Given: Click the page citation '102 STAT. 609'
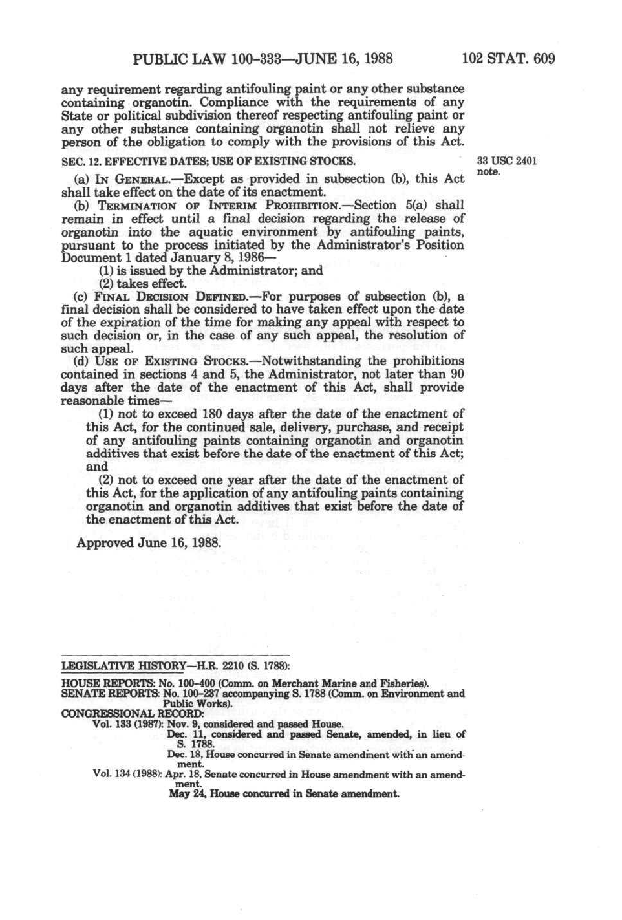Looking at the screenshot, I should point(508,59).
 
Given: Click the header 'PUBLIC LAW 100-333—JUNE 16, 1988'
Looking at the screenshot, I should point(263,59).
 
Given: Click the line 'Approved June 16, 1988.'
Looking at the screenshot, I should point(149,542).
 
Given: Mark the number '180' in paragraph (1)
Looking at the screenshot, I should point(212,414).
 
